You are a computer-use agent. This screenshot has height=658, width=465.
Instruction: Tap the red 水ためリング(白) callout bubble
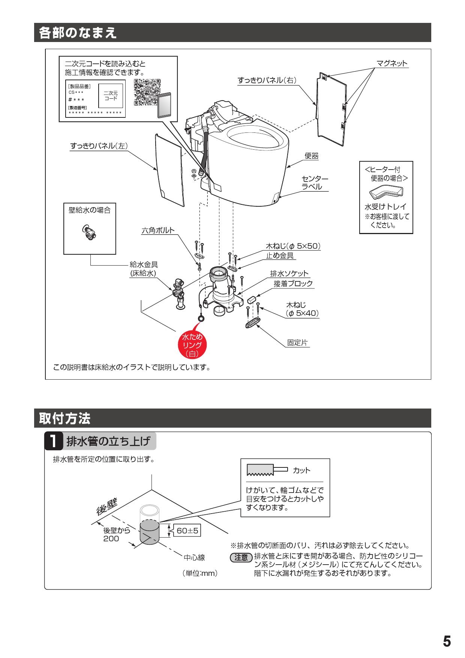[192, 344]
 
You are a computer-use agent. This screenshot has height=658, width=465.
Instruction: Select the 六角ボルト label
[158, 230]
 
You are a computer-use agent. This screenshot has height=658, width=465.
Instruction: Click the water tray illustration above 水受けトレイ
[386, 192]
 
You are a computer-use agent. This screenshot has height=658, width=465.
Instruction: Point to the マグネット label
[392, 63]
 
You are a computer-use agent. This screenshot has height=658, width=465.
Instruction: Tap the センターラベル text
[315, 183]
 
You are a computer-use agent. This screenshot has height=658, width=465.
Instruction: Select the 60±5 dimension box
[187, 530]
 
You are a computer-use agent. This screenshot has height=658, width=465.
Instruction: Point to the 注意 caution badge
[241, 557]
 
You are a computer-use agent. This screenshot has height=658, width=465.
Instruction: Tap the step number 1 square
[54, 442]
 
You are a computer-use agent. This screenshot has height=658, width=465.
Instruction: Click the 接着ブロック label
[293, 284]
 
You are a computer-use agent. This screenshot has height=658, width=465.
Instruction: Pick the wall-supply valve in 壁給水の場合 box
[89, 233]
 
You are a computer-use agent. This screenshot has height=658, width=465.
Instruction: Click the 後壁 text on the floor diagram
[107, 506]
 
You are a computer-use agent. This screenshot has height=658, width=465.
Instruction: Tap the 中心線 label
[194, 558]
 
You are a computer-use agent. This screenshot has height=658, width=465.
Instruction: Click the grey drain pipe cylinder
[149, 532]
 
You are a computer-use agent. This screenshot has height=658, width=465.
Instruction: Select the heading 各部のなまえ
[78, 33]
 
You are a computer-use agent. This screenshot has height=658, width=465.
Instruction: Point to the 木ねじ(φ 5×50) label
[293, 246]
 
